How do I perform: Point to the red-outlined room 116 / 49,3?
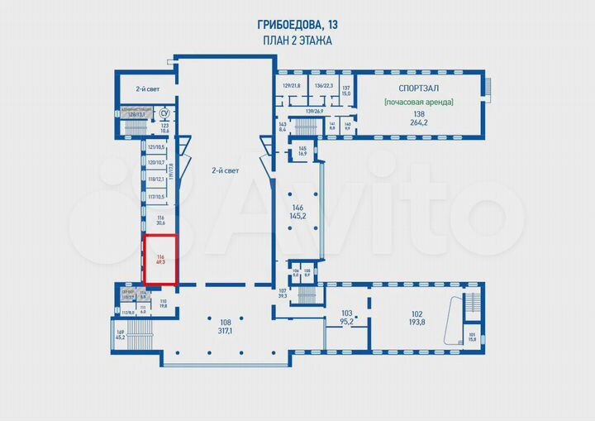pos(160,260)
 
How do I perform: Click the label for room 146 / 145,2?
pos(298,212)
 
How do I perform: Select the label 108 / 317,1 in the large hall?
pos(225,326)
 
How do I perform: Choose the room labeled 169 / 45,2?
pos(120,334)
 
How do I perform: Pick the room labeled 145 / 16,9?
pos(302,151)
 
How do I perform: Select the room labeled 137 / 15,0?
pos(347,91)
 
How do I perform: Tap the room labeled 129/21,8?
pos(293,85)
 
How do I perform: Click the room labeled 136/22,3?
pos(323,85)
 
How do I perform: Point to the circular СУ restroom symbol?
pos(164,113)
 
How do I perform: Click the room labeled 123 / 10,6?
pos(164,128)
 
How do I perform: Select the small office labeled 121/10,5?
pos(156,146)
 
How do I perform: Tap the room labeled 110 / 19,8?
pos(163,303)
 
